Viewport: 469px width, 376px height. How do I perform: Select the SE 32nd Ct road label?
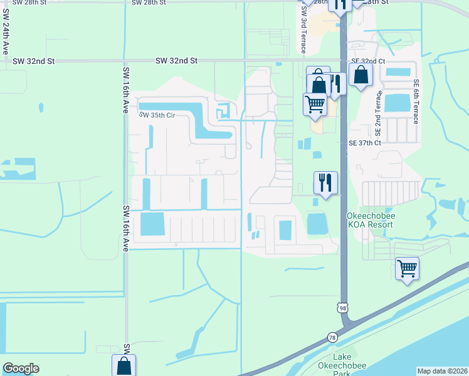(367, 61)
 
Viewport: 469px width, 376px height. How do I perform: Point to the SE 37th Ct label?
(366, 143)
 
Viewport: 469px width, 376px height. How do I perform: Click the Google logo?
(21, 368)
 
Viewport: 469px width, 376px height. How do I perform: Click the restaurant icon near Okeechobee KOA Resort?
(325, 183)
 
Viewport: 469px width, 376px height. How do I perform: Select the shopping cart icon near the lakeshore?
(407, 269)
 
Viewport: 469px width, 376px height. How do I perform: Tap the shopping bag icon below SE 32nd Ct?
(362, 75)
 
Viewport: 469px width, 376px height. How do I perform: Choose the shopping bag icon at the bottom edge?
(124, 366)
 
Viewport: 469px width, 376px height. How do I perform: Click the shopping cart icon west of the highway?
(315, 104)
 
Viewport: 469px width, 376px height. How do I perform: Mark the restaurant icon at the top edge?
(339, 5)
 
